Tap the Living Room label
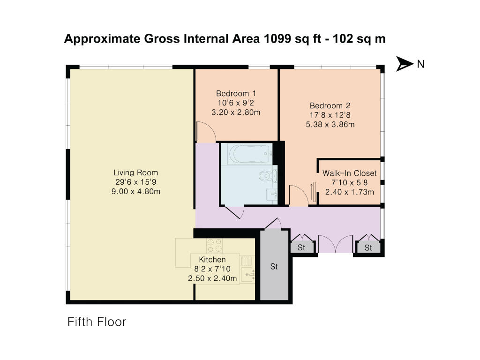tap(135, 172)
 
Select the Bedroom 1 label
tap(236, 93)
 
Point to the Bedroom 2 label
tap(330, 105)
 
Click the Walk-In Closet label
tap(350, 173)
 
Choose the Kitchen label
tap(212, 260)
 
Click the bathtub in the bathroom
tap(249, 154)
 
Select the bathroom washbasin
tap(271, 194)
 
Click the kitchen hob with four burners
tap(214, 246)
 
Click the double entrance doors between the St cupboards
tap(336, 243)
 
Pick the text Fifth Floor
tap(97, 322)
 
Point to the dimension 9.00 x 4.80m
tap(135, 192)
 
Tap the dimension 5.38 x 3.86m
tap(330, 125)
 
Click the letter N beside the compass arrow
tap(420, 64)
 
